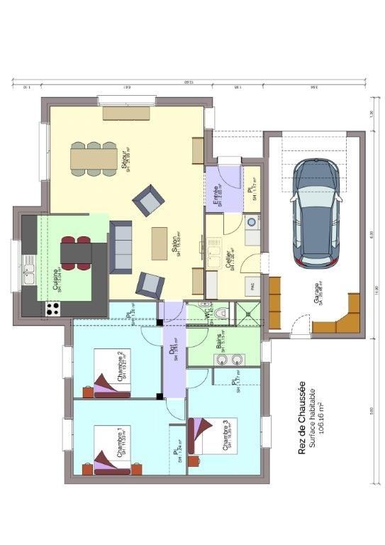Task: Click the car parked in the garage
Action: [x=318, y=213]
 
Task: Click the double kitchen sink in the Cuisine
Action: [x=29, y=270]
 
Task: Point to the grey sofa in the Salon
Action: [x=121, y=246]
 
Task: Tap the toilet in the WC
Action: [x=223, y=313]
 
